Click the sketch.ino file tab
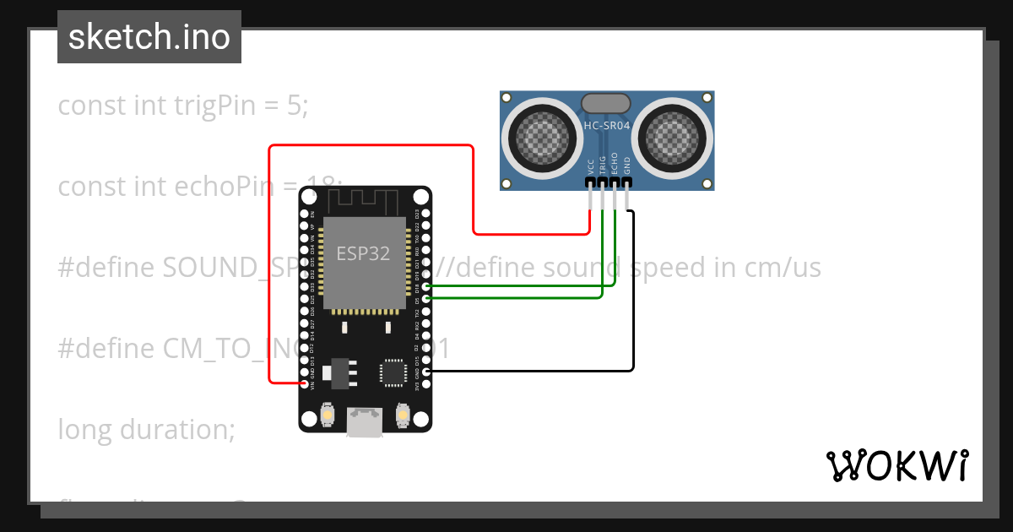149,37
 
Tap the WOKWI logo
896,465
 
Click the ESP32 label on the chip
363,253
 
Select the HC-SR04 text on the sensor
606,126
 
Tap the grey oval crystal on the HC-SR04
605,103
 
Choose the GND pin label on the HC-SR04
627,165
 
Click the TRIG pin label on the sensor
603,165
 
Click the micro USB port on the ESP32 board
365,422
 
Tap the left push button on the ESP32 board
327,415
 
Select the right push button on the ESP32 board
403,415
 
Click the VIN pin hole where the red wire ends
305,384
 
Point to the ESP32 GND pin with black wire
425,372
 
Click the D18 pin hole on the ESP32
425,287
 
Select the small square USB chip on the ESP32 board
393,372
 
